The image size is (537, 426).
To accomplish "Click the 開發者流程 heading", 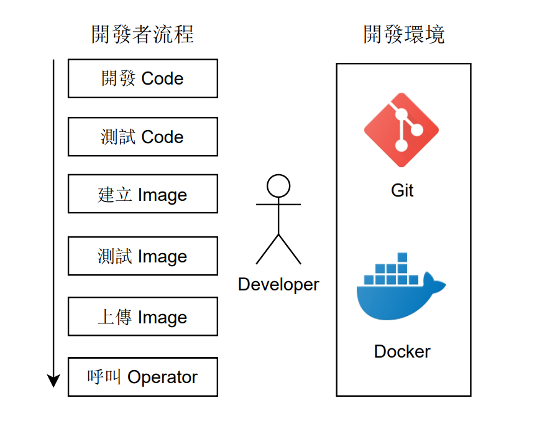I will point(142,34).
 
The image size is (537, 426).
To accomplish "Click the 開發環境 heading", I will point(403,34).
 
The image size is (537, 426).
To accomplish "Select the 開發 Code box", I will point(142,79).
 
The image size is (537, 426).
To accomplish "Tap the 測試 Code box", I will point(142,137).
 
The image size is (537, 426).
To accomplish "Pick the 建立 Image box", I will point(142,195).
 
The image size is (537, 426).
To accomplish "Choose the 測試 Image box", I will point(142,256).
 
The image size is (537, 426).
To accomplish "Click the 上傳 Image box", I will point(142,317).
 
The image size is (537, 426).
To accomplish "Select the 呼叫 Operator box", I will point(142,377).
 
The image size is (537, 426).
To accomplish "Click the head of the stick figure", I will point(278,186).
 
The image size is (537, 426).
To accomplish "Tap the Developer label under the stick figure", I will point(278,285).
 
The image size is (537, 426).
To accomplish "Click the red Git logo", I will point(402,130).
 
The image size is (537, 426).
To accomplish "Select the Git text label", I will point(402,190).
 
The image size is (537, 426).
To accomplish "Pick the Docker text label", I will point(402,351).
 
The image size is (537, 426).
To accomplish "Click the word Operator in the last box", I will point(162,377).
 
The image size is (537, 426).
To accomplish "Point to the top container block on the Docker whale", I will point(402,257).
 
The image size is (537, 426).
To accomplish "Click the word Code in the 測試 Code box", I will point(163,137).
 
